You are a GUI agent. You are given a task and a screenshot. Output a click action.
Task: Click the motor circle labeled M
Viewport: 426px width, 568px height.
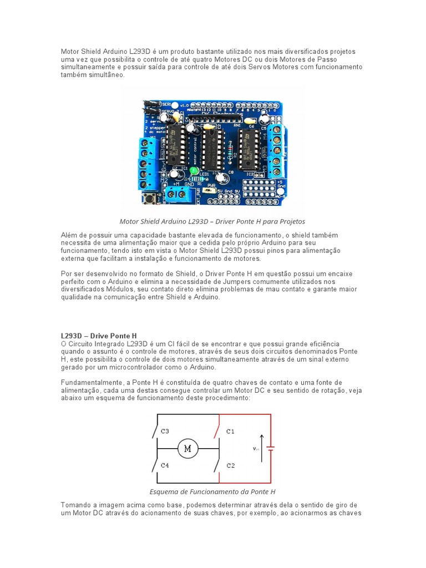coord(187,448)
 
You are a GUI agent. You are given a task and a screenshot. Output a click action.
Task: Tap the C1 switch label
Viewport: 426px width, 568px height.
coord(231,430)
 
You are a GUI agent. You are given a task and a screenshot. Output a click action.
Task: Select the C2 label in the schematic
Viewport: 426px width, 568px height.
coord(231,465)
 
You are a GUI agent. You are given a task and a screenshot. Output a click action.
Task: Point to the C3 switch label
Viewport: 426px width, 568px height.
coord(165,430)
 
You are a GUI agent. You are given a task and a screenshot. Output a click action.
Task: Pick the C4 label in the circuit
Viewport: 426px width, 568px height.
coord(165,465)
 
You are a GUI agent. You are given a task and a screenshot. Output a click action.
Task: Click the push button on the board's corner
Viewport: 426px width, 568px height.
coord(149,197)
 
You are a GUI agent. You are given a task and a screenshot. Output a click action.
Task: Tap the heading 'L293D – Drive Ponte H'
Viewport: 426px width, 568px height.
coord(99,336)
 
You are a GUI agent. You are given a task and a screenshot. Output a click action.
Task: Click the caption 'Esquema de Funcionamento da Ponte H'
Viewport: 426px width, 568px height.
coord(212,491)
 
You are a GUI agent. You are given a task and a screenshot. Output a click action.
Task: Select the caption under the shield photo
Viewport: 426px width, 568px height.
coord(212,221)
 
